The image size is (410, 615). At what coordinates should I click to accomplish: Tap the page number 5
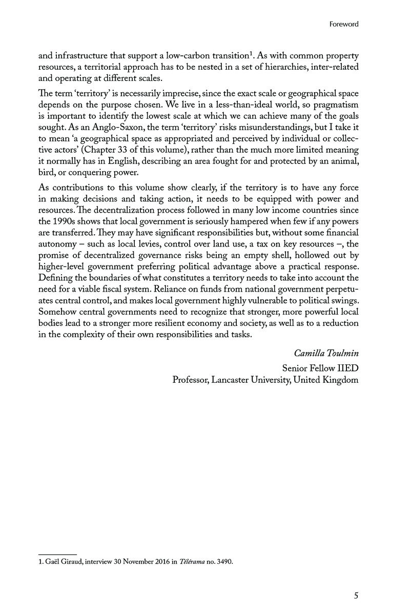[356, 596]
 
